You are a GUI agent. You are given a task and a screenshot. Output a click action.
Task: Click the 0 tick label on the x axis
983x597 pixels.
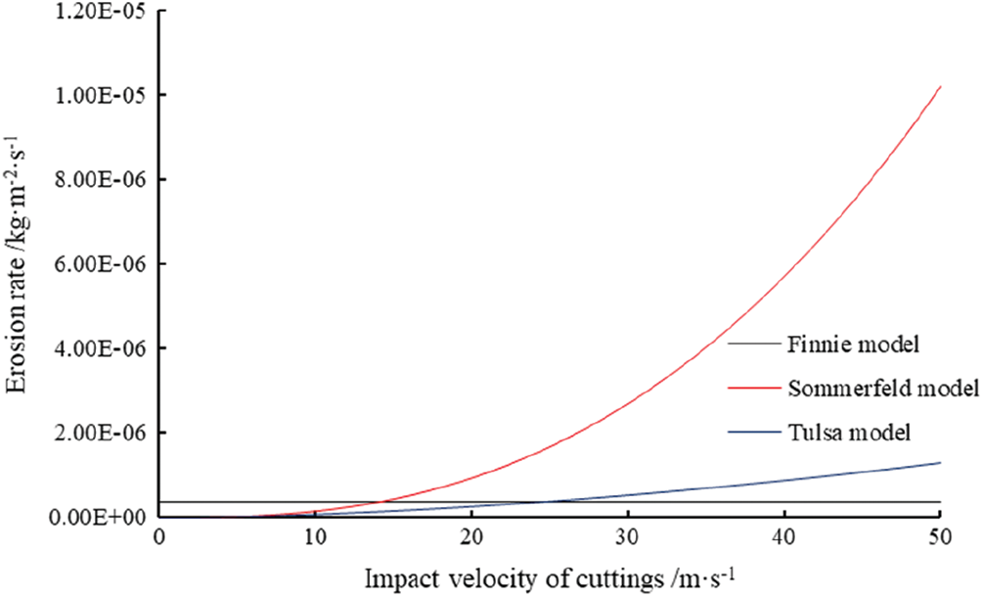coord(158,539)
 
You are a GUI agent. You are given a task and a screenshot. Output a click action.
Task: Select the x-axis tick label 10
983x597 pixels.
coord(314,539)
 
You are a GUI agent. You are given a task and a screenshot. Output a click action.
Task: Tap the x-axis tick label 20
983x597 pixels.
coord(470,539)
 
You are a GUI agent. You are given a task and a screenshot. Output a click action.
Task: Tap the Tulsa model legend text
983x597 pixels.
coord(839,433)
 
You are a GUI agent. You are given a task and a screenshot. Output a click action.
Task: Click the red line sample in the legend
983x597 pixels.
coord(754,389)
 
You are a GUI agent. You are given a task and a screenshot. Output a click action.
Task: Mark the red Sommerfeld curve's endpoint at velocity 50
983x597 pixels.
coord(939,87)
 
